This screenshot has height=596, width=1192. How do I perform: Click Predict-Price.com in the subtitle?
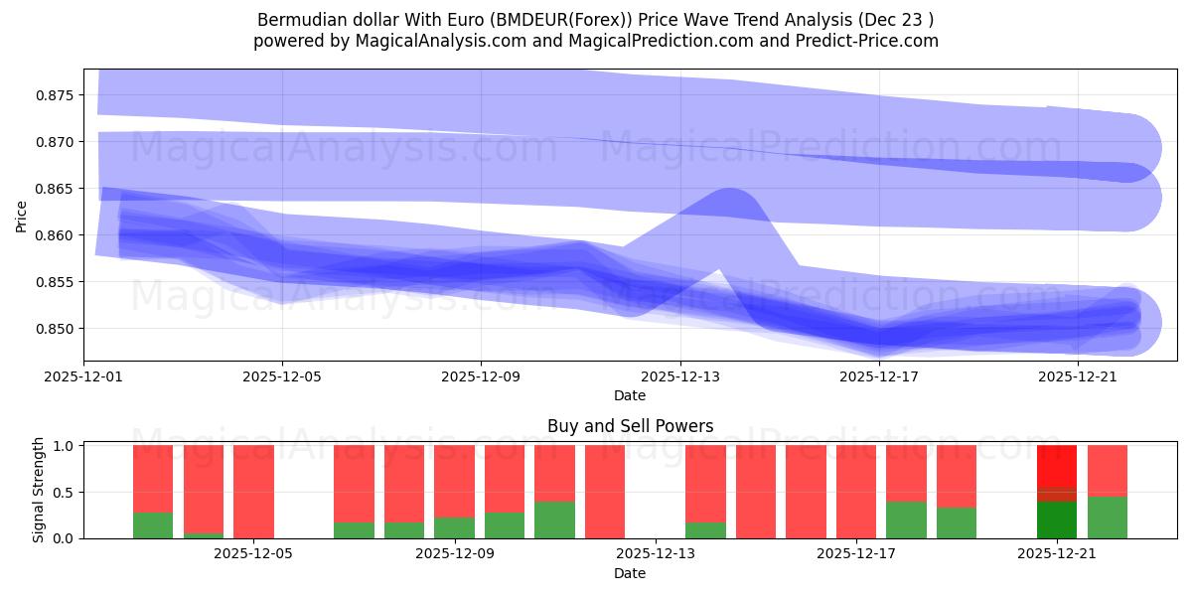point(866,41)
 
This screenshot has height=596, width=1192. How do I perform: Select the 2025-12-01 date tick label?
point(83,377)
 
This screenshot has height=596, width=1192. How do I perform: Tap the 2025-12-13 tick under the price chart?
point(679,377)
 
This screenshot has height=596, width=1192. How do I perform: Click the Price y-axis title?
point(21,216)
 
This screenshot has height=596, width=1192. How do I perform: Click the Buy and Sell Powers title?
point(630,426)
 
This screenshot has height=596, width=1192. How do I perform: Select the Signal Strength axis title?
point(38,490)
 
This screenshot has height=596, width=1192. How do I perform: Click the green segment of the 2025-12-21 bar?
point(1056,520)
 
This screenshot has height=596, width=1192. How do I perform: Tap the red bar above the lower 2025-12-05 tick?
point(253,492)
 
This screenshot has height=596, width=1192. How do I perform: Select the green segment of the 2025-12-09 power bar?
point(454,527)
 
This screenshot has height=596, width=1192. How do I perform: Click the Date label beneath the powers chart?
point(630,573)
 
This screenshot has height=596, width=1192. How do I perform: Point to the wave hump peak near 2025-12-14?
point(729,194)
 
